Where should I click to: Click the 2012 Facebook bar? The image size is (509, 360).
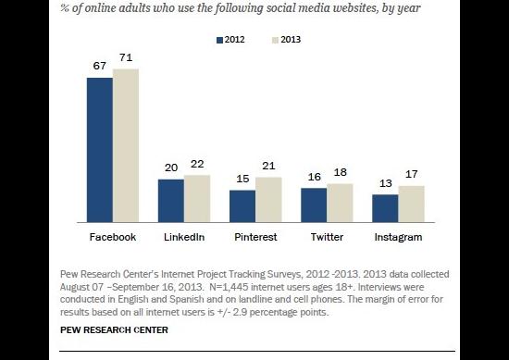(100, 150)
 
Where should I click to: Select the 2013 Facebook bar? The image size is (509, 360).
(125, 145)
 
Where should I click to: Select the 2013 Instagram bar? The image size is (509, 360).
(411, 204)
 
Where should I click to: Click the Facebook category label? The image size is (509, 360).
(112, 237)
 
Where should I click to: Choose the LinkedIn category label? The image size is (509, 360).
(183, 237)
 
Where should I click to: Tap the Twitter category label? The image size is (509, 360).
(327, 237)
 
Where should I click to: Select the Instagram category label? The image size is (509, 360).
(398, 237)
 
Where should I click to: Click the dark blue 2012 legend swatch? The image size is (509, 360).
(219, 40)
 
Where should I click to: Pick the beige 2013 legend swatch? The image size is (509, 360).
(274, 40)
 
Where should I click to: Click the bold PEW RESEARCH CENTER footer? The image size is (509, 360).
(103, 329)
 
